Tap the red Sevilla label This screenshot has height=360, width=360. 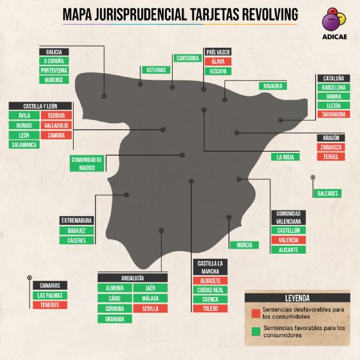(x=151, y=309)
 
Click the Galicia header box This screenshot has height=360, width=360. (x=54, y=52)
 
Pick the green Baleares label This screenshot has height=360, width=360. (x=327, y=193)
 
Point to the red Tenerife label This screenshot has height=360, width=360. (x=50, y=305)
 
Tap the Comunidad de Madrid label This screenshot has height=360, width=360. (x=87, y=163)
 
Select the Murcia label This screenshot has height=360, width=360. (x=244, y=245)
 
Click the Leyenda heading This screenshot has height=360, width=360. (x=298, y=298)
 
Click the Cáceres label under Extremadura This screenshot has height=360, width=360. (x=76, y=241)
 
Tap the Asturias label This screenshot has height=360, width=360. (x=156, y=70)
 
